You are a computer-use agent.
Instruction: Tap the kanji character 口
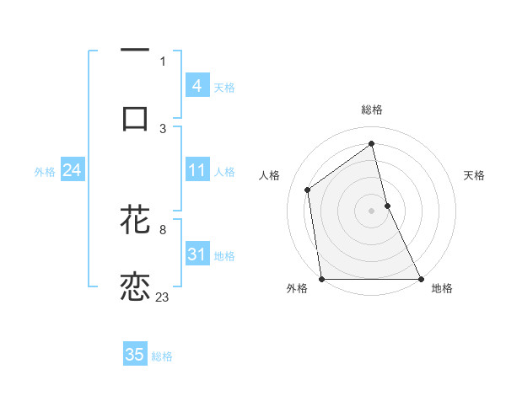(135, 118)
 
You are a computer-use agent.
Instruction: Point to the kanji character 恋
(135, 286)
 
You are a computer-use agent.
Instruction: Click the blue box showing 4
(196, 86)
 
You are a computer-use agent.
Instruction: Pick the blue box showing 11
(196, 171)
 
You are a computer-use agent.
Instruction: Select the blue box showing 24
(72, 171)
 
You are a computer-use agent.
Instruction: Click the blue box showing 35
(135, 355)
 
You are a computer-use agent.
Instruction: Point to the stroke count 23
(162, 297)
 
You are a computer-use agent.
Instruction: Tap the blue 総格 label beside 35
(162, 356)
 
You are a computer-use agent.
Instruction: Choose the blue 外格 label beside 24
(45, 172)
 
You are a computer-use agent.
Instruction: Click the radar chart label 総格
(372, 110)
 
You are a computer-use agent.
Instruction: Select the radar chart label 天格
(475, 175)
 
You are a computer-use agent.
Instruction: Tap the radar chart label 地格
(442, 288)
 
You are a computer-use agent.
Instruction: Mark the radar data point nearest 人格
(308, 190)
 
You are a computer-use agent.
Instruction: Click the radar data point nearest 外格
(322, 279)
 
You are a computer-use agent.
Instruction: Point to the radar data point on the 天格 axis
(387, 206)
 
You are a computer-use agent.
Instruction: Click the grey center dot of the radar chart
(372, 211)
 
